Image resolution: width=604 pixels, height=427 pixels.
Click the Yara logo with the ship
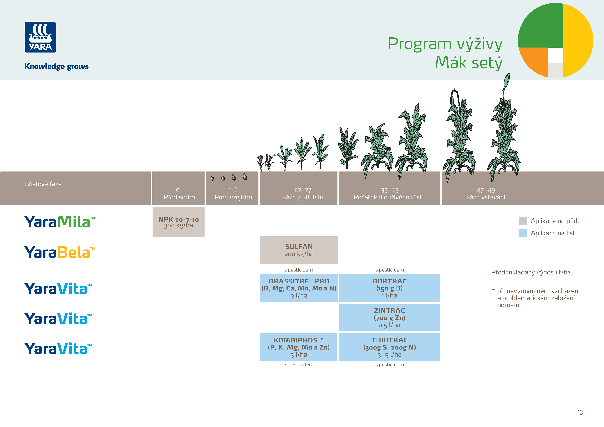coord(40,37)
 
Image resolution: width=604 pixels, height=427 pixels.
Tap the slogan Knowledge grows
coord(56,66)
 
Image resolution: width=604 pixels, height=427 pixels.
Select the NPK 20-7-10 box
coord(178,222)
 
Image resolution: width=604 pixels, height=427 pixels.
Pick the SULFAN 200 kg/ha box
coord(299,250)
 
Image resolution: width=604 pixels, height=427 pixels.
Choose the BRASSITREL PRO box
coord(299,288)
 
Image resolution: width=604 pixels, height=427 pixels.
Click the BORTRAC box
coord(389,288)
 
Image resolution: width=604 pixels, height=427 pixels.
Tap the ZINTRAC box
coord(389,317)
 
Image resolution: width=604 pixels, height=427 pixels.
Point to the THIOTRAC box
coord(389,347)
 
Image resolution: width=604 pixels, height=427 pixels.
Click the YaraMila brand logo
coord(59,222)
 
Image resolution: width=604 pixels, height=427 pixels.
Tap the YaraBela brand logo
coord(59,252)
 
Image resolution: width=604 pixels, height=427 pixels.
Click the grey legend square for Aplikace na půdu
coord(522,221)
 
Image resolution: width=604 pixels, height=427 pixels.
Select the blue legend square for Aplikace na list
coord(522,233)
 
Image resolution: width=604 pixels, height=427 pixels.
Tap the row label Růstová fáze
coord(43,184)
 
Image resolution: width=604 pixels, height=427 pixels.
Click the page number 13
coord(580,412)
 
